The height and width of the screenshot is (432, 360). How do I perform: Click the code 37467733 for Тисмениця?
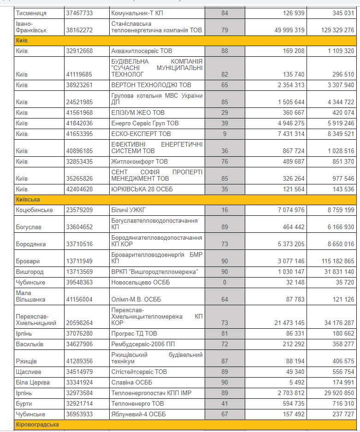tap(79, 13)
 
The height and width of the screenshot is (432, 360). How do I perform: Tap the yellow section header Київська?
tap(28, 200)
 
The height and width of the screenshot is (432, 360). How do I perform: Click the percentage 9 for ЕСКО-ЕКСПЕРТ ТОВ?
tap(224, 134)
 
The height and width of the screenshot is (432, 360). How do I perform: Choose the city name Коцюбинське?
tap(35, 210)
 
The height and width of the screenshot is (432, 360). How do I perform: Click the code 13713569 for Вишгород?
tap(79, 272)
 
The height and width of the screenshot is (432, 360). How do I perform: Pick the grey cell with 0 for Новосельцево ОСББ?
tap(224, 282)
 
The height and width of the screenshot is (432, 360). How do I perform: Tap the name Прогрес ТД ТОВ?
tap(134, 333)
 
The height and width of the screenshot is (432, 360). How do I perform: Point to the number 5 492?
tap(295, 382)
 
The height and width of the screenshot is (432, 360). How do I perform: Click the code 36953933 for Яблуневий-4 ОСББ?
tap(79, 414)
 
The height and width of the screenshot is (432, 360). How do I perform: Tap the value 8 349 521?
tap(336, 134)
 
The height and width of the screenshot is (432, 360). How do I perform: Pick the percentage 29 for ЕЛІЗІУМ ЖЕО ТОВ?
tap(224, 112)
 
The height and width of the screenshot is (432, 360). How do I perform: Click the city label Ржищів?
tap(27, 361)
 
